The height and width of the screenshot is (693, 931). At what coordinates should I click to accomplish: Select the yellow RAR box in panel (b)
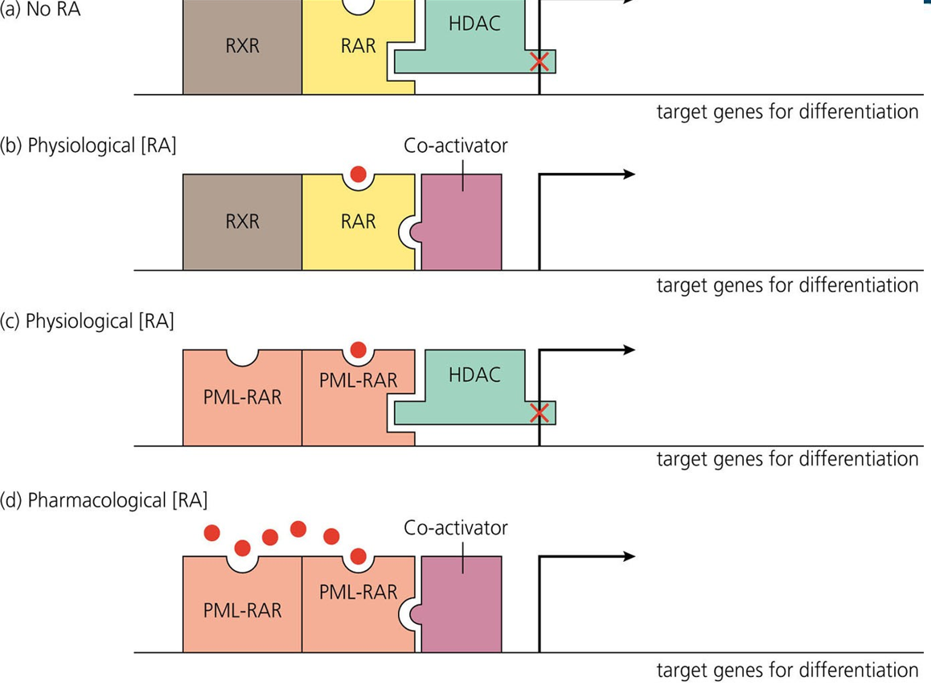[358, 222]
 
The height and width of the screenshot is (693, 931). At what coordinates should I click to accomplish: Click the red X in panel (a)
[539, 61]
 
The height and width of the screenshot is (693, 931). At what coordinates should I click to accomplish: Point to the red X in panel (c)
[539, 412]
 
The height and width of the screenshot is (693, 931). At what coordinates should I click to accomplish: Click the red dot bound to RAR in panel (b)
[359, 174]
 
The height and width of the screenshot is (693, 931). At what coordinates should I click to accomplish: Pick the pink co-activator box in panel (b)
[461, 222]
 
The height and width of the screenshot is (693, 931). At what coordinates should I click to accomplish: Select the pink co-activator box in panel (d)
[461, 604]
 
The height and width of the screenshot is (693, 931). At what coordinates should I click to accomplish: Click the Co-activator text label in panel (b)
[456, 146]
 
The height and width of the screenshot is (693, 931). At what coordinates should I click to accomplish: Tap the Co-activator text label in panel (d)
[456, 527]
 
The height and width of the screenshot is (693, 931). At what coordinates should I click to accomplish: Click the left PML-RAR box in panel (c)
[242, 398]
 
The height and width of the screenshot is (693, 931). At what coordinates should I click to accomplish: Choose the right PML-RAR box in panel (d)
[358, 604]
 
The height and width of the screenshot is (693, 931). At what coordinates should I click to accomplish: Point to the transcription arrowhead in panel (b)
[629, 174]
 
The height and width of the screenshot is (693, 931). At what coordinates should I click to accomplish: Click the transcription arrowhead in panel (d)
[629, 556]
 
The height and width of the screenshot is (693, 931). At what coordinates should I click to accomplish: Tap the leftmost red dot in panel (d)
[211, 532]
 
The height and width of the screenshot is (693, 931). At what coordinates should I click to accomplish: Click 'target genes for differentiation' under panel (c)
[787, 459]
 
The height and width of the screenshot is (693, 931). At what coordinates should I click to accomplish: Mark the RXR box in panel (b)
[242, 222]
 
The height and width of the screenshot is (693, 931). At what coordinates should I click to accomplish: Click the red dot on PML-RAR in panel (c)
[359, 349]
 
